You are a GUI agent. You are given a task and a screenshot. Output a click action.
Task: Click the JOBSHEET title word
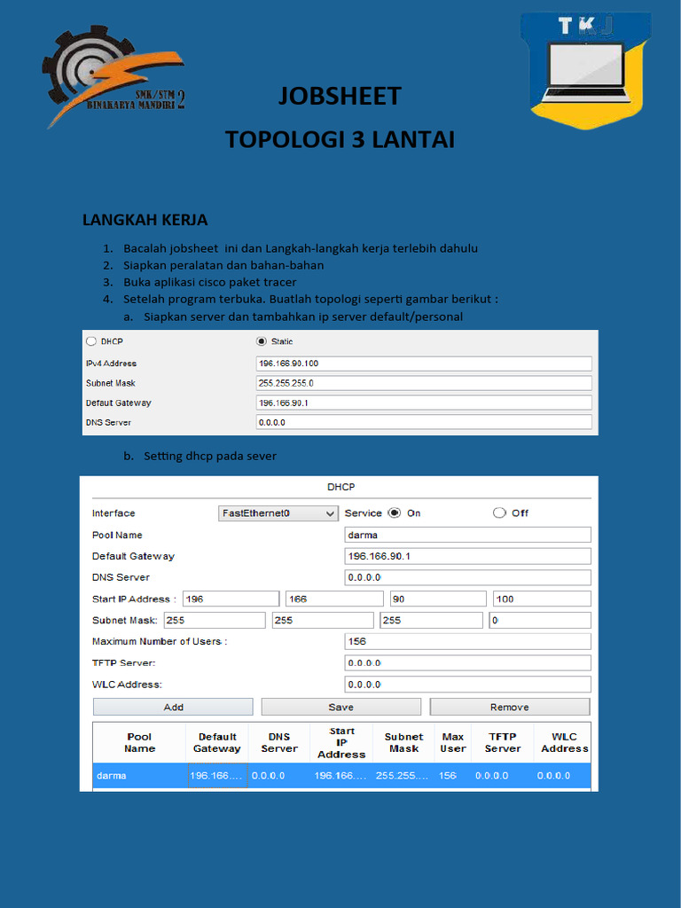click(x=340, y=96)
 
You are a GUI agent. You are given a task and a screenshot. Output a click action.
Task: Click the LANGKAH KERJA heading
click(x=145, y=220)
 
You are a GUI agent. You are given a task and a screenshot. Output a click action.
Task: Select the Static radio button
click(x=261, y=341)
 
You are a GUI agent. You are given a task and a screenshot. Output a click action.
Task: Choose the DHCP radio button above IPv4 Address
click(x=91, y=341)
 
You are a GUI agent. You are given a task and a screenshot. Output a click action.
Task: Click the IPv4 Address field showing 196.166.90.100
click(x=423, y=364)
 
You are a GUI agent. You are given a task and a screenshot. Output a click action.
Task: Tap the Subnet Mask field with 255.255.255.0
click(x=423, y=383)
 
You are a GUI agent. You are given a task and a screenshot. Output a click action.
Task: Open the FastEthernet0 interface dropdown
click(x=278, y=513)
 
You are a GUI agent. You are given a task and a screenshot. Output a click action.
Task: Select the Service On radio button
click(x=394, y=513)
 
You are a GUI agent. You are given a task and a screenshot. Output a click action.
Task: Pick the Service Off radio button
click(x=499, y=513)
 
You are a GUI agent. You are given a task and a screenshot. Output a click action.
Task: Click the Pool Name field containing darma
click(x=467, y=535)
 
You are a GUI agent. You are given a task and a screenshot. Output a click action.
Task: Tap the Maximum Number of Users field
click(x=467, y=641)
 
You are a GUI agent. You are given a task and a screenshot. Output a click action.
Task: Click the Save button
click(x=340, y=707)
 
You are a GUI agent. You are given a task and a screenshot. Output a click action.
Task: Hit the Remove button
click(x=509, y=707)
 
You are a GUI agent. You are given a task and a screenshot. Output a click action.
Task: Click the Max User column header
click(x=452, y=743)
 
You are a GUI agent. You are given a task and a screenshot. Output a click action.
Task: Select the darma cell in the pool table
click(x=138, y=776)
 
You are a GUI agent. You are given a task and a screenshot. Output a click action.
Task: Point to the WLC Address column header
click(x=564, y=743)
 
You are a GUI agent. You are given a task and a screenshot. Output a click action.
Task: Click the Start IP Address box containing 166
click(x=333, y=599)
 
